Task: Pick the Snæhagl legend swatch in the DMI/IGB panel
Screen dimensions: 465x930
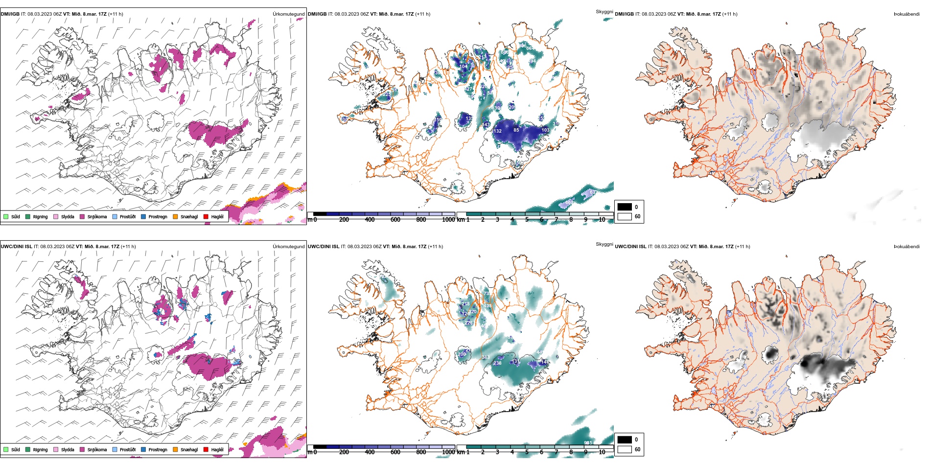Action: [175, 216]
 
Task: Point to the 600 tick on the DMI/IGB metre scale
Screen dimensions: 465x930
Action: [395, 220]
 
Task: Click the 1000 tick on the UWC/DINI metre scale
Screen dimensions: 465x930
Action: [448, 452]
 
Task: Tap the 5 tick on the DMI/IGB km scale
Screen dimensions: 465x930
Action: [527, 220]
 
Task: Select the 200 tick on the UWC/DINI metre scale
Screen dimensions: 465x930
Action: [344, 452]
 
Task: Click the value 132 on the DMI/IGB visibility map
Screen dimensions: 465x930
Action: [497, 131]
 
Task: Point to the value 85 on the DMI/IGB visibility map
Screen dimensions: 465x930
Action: [516, 130]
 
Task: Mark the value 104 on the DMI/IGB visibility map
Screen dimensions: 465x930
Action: [463, 66]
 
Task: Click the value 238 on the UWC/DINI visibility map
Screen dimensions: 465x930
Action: [497, 363]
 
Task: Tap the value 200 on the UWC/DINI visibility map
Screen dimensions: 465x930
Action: [462, 354]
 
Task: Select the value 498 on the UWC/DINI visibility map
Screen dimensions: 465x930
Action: [488, 306]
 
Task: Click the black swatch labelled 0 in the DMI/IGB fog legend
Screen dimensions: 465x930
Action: [625, 207]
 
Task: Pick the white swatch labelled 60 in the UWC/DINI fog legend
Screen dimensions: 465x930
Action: [625, 449]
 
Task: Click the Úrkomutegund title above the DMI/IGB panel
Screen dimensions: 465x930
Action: [288, 14]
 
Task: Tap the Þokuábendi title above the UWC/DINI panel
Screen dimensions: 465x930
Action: [907, 247]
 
